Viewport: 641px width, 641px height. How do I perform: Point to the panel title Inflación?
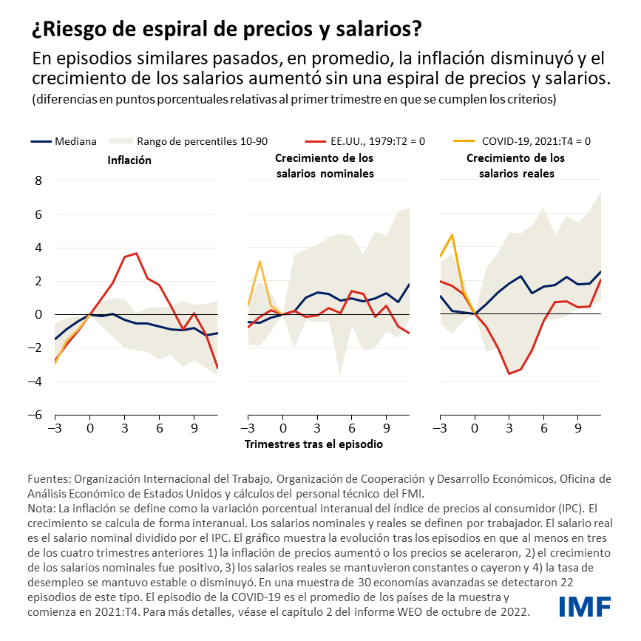(x=129, y=160)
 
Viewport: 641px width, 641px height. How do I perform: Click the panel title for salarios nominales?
(x=324, y=166)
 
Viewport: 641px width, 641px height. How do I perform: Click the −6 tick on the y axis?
(x=35, y=415)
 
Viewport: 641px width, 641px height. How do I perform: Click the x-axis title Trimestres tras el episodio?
(x=313, y=444)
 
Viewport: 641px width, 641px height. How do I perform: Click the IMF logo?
(x=585, y=606)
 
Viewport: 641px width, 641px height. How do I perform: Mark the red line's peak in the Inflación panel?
(x=135, y=254)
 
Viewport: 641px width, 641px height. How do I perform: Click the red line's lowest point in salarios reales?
(x=509, y=373)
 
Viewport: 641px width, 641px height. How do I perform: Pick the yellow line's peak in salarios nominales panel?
(x=260, y=261)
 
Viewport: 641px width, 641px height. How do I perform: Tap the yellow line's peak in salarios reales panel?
(x=452, y=234)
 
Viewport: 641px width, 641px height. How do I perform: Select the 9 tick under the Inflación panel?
(x=193, y=427)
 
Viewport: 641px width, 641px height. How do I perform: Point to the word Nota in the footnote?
(x=41, y=509)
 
